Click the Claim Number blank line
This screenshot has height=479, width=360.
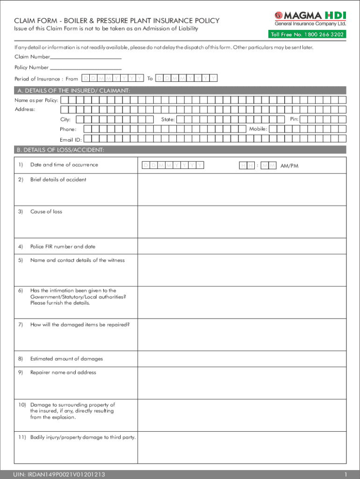[86, 58]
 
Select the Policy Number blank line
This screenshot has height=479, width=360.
[82, 68]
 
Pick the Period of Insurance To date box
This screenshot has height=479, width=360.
[187, 79]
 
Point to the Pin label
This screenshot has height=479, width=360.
[294, 119]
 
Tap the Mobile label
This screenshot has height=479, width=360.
[258, 129]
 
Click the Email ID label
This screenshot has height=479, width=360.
[71, 139]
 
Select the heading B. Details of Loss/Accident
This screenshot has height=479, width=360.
[61, 150]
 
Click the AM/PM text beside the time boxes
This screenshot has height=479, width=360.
[289, 166]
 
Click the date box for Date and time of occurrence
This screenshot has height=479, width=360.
[173, 165]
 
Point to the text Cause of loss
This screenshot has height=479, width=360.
[46, 211]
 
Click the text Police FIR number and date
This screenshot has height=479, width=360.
[63, 247]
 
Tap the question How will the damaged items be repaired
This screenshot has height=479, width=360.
[79, 325]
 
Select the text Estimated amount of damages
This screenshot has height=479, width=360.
[66, 359]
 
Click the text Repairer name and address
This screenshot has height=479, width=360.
[63, 372]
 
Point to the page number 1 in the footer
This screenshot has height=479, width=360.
[344, 474]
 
